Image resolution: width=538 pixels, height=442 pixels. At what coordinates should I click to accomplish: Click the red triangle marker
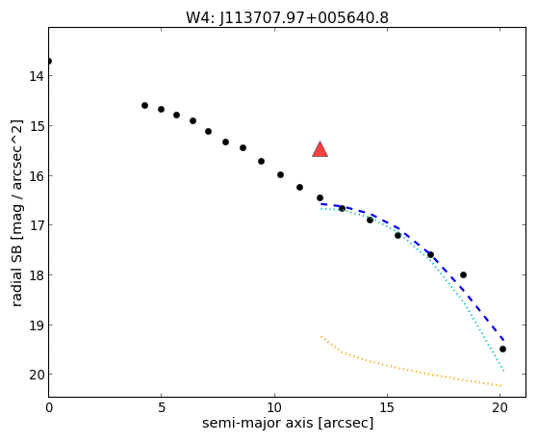(x=320, y=149)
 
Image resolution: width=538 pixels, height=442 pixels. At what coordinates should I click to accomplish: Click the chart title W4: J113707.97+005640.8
(x=287, y=17)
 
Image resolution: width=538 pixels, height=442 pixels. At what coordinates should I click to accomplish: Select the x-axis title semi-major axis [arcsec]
(x=288, y=423)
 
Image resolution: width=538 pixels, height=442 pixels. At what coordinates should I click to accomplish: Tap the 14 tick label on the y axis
(x=37, y=76)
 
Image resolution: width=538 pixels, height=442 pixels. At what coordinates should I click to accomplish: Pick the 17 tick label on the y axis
(x=37, y=225)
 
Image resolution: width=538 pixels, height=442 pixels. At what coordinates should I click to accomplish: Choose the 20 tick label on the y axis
(x=37, y=375)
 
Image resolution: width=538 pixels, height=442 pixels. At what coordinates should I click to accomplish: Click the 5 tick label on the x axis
(x=162, y=407)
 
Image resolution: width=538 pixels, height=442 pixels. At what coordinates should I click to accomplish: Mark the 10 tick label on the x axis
(x=274, y=407)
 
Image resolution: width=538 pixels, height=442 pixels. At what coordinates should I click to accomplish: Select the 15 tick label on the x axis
(x=387, y=407)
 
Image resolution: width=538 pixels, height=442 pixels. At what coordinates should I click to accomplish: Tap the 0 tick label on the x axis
(x=49, y=407)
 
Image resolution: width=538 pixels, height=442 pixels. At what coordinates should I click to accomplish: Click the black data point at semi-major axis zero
(x=49, y=61)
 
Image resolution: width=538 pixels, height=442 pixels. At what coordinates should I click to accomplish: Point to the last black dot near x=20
(x=502, y=349)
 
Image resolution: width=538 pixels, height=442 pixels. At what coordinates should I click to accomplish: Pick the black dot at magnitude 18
(x=463, y=274)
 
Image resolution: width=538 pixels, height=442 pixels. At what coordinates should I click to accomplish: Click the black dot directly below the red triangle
(x=320, y=197)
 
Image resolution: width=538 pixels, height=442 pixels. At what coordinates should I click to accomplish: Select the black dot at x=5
(x=161, y=109)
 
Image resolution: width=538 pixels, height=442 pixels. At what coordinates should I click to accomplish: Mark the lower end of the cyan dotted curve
(x=503, y=371)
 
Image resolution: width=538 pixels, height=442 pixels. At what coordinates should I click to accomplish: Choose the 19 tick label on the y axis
(x=37, y=325)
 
